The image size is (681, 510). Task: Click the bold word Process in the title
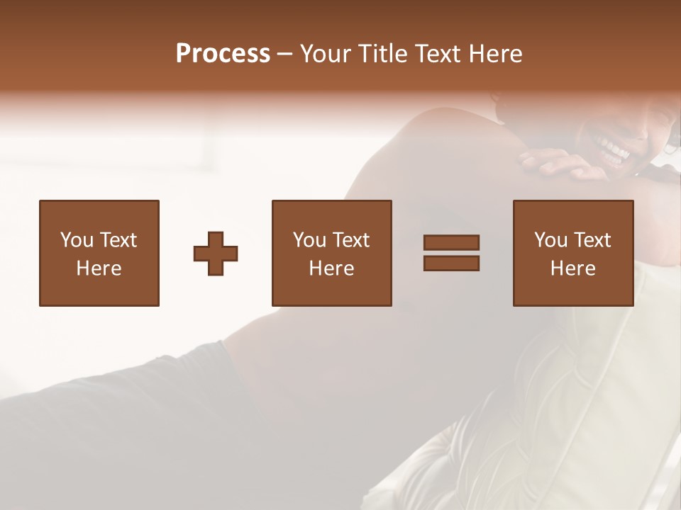pyautogui.click(x=223, y=54)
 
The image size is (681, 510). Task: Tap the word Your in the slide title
pyautogui.click(x=325, y=54)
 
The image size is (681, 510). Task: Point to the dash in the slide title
pyautogui.click(x=284, y=55)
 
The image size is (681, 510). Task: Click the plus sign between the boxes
pyautogui.click(x=216, y=254)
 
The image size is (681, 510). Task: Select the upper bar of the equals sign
pyautogui.click(x=451, y=243)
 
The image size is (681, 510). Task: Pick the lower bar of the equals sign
pyautogui.click(x=451, y=263)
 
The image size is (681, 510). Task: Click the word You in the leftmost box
pyautogui.click(x=77, y=240)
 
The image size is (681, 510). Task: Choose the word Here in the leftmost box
pyautogui.click(x=99, y=268)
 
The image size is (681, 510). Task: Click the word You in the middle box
pyautogui.click(x=309, y=240)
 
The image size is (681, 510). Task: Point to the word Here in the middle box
pyautogui.click(x=331, y=268)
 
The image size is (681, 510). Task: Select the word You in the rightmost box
pyautogui.click(x=550, y=240)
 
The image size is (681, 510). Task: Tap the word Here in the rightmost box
pyautogui.click(x=572, y=268)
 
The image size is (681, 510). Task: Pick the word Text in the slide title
pyautogui.click(x=438, y=54)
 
